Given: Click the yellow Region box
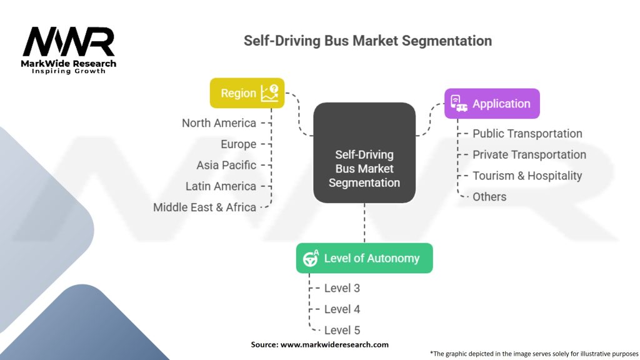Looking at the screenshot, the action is (247, 93).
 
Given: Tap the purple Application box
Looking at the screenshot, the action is (492, 104).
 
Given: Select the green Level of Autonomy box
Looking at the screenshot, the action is (364, 258).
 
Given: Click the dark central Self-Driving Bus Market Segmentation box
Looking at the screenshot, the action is (364, 152).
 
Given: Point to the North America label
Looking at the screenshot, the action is (219, 123).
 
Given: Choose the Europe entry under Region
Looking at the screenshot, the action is (238, 144).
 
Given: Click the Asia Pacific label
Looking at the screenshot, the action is (226, 165).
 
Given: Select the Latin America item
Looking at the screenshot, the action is (221, 186).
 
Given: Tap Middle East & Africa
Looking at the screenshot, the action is (204, 207).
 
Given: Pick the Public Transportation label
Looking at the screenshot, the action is (527, 134).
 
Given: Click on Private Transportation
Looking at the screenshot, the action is (529, 155).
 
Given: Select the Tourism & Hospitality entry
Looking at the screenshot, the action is (527, 176).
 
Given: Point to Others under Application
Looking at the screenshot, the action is (489, 197).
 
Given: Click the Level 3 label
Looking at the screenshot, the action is (342, 288).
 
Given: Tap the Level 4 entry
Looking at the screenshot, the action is (342, 309).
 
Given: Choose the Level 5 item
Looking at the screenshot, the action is (342, 330).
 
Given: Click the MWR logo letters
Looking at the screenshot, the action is (69, 41).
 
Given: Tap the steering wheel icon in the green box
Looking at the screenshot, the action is (311, 258).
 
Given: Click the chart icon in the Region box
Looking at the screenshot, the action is (269, 93).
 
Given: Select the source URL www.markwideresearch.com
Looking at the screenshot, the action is (334, 344).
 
